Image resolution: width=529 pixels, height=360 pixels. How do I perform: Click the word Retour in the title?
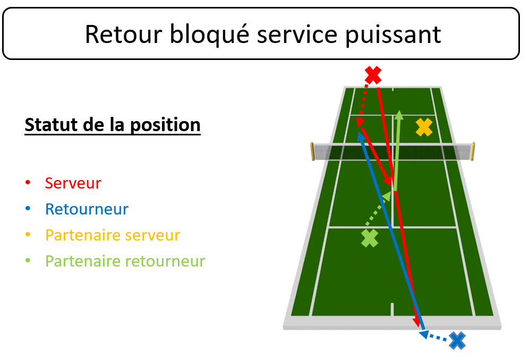[x=123, y=34]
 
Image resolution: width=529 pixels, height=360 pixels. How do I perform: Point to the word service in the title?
[x=297, y=34]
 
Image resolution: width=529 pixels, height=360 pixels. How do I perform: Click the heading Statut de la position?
[x=113, y=125]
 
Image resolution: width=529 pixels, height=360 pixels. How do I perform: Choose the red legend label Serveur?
[x=73, y=183]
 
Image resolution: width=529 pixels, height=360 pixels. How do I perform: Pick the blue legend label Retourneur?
[x=87, y=209]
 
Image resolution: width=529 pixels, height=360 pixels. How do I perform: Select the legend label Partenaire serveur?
[x=113, y=235]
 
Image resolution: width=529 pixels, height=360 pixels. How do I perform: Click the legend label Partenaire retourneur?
[x=125, y=261]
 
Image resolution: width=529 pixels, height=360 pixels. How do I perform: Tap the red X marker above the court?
[x=373, y=75]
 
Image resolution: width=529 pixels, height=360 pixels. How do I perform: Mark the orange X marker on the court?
[x=424, y=127]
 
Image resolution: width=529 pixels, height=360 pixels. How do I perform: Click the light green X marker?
[x=370, y=238]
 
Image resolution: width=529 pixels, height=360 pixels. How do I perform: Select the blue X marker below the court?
[x=457, y=340]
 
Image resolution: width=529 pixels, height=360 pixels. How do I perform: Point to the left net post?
[x=312, y=151]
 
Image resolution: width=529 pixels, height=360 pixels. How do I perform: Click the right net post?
[x=473, y=151]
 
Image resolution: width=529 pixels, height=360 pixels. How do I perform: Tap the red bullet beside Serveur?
[x=28, y=183]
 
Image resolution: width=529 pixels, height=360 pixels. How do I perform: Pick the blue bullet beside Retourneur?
[x=28, y=209]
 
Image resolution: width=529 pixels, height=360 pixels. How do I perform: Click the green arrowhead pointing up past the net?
[x=399, y=115]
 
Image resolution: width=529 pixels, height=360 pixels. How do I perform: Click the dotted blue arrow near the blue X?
[x=434, y=337]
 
